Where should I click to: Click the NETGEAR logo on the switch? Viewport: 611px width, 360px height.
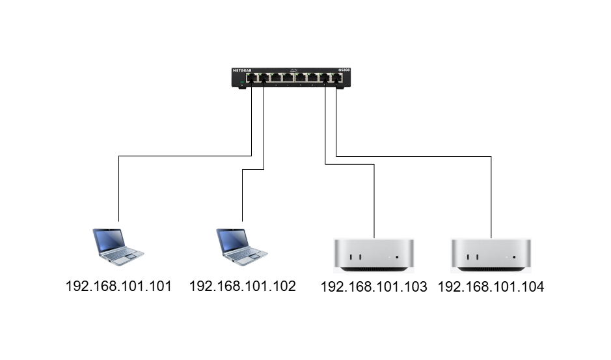(242, 70)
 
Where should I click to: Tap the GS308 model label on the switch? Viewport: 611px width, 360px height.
(344, 70)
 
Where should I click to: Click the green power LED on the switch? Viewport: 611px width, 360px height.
(242, 82)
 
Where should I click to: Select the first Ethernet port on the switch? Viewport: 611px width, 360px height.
(252, 77)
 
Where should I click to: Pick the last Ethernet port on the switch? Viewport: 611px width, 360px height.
(336, 77)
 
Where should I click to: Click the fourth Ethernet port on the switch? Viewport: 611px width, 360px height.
(288, 77)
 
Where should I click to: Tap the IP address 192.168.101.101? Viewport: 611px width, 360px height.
(119, 286)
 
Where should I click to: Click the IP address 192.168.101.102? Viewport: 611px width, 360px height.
(242, 286)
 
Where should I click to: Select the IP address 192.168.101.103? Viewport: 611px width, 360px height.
(373, 287)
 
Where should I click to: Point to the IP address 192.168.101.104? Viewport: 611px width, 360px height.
(491, 287)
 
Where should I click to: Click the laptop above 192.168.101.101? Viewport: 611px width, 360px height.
(118, 247)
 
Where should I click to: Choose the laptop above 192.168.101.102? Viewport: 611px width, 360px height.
(242, 247)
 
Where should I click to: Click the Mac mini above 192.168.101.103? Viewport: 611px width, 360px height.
(373, 255)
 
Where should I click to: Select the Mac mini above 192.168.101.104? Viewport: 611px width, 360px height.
(491, 255)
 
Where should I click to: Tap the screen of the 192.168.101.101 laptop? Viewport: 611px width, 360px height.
(110, 240)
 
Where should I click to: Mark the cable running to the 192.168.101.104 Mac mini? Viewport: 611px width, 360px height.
(413, 157)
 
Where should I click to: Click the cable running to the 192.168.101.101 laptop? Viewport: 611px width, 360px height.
(185, 156)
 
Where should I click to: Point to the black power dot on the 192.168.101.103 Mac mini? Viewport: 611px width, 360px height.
(397, 257)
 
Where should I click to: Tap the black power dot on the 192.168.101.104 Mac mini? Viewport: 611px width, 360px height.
(514, 257)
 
